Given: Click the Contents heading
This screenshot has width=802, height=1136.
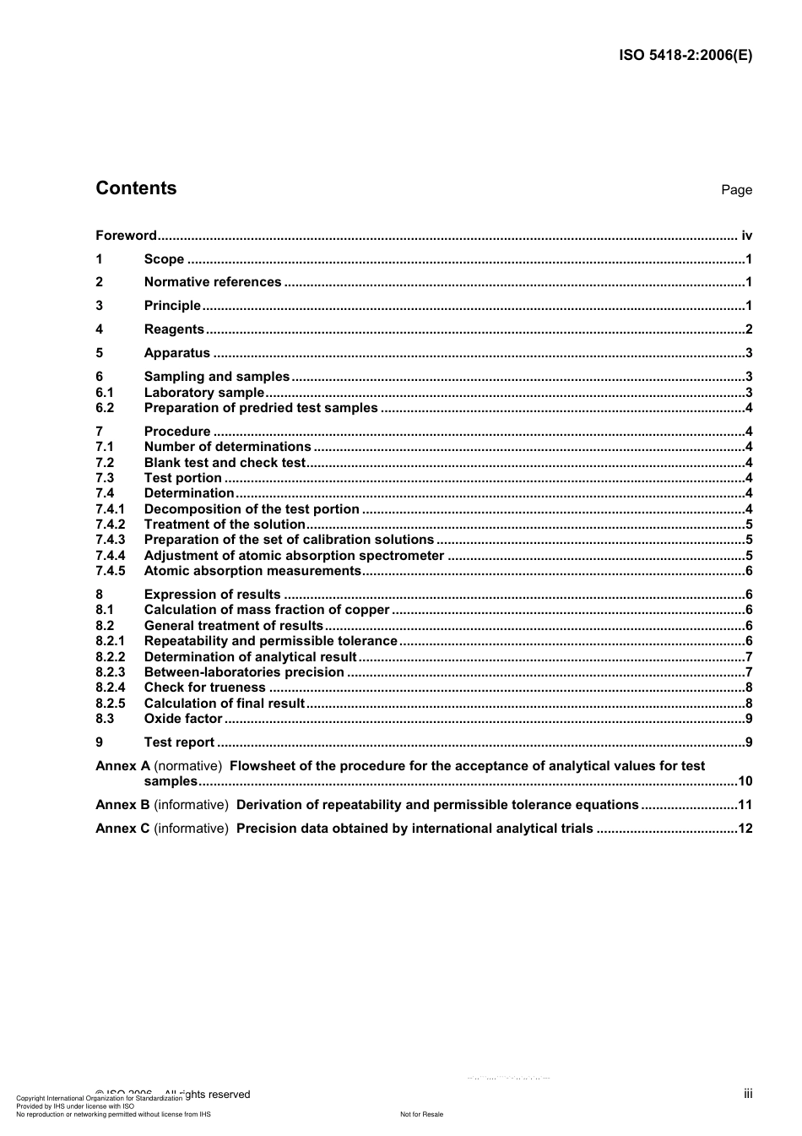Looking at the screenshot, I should (136, 188).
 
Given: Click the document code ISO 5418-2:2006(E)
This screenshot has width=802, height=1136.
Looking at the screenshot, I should (685, 56).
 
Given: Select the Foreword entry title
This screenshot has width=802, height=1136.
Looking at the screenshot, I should (126, 236).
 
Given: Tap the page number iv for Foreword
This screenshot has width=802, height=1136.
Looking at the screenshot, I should (745, 236).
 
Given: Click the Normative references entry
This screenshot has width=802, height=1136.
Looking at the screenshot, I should (213, 282).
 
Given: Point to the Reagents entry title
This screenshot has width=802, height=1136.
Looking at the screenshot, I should (174, 329).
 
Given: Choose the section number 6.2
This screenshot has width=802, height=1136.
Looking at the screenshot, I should (105, 408).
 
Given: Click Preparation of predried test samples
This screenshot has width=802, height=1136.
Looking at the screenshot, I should (261, 408).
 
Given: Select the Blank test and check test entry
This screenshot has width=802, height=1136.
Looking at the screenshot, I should (225, 463).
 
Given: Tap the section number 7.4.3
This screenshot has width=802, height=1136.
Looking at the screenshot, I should (110, 540).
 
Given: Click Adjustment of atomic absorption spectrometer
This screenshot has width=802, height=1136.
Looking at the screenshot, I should (294, 556).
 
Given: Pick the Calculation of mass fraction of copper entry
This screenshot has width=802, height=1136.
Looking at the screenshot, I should (267, 610).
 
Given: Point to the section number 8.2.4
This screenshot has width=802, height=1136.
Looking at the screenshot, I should (110, 688).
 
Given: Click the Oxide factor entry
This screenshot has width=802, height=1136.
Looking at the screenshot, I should (183, 719).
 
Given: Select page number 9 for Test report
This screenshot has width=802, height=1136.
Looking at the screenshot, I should (749, 742).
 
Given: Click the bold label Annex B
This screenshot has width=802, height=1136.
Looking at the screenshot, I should (122, 805).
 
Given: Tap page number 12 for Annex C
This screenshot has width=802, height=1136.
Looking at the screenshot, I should (745, 829).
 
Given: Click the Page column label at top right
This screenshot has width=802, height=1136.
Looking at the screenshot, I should (736, 190).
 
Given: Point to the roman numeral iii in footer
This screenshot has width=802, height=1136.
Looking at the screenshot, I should (748, 1094).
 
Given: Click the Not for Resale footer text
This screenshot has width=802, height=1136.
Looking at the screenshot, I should (421, 1114).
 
